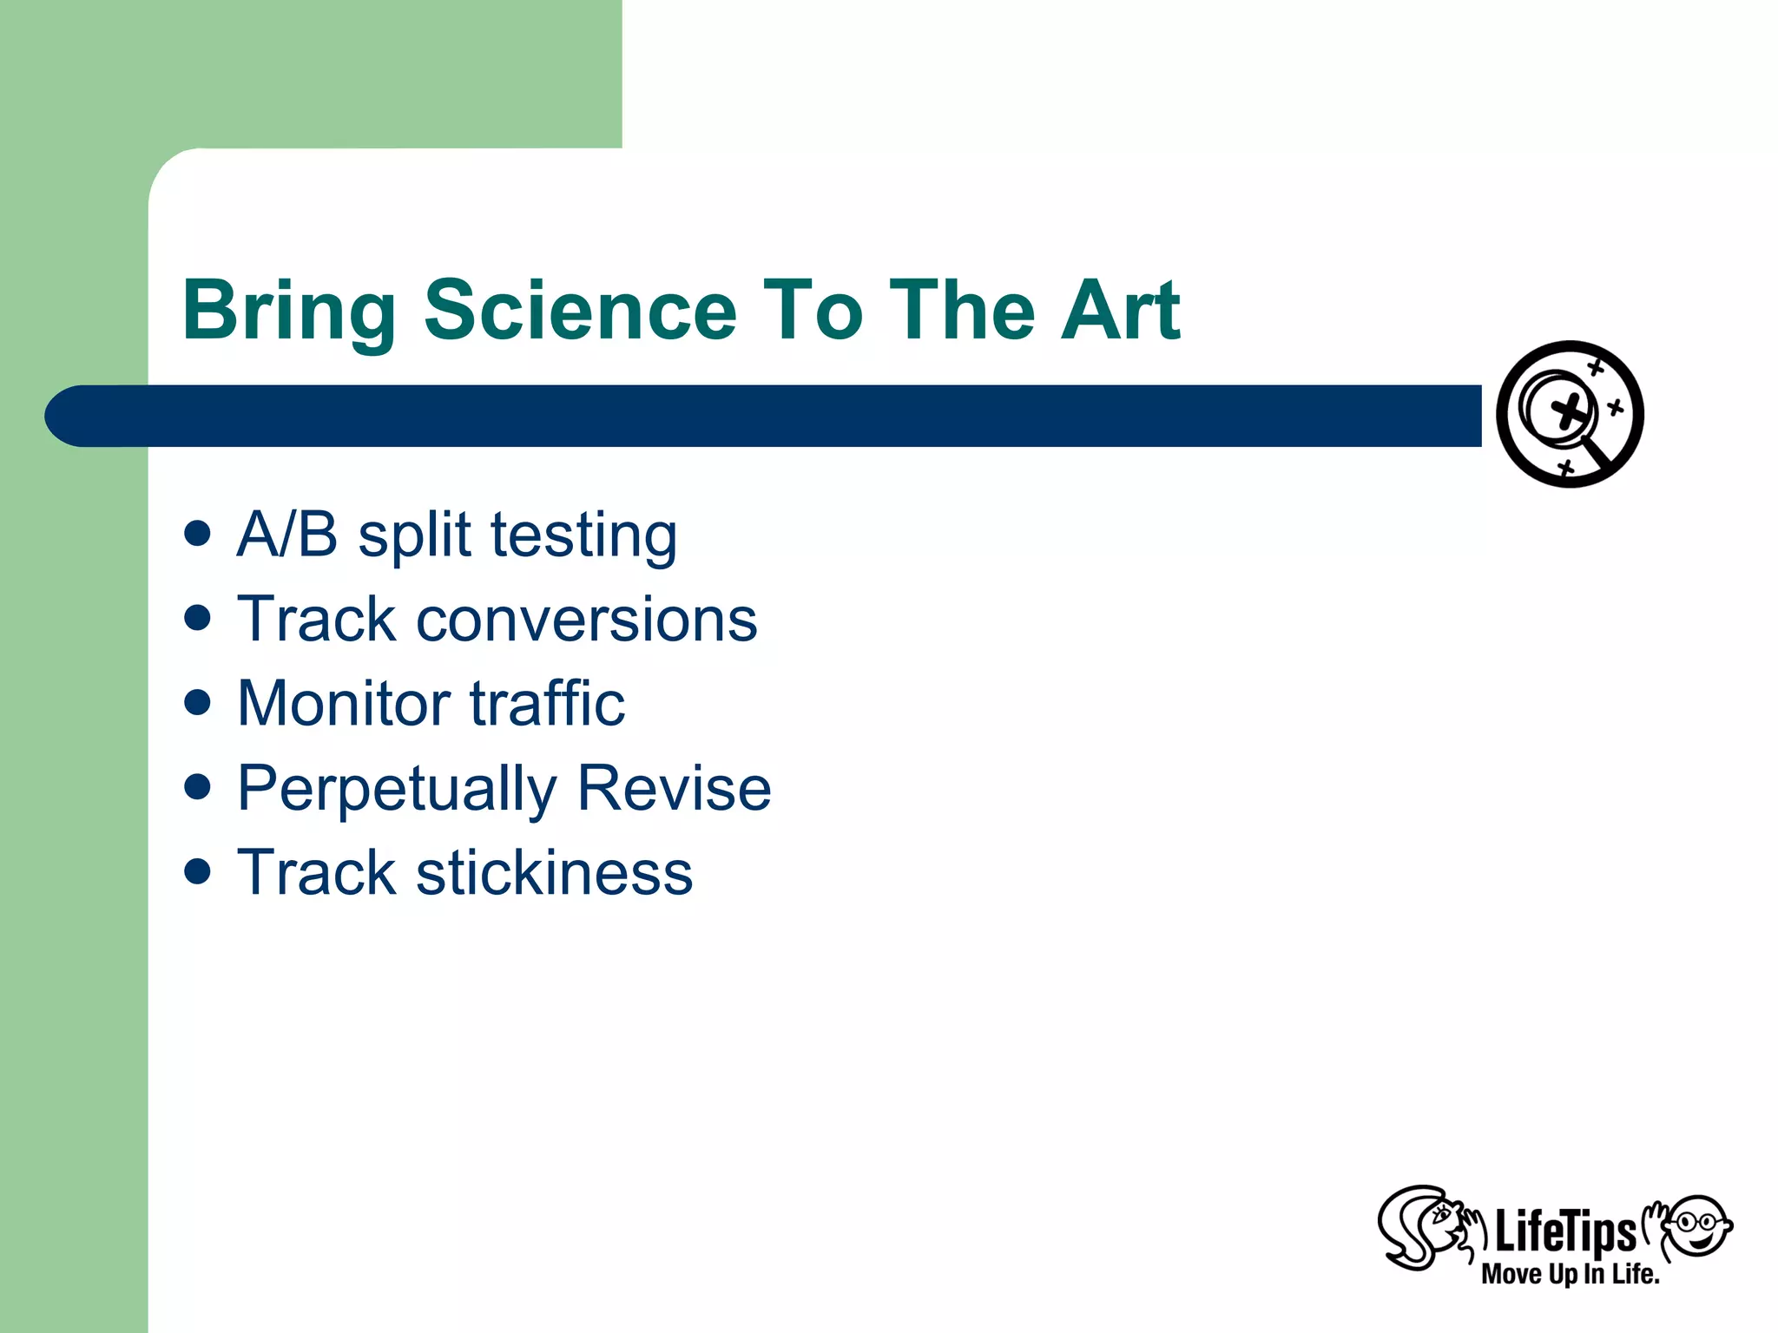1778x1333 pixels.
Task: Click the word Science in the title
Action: [580, 310]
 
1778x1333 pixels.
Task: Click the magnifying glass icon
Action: [1570, 414]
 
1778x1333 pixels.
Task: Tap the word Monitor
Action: [344, 703]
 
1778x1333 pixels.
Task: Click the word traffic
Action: [547, 703]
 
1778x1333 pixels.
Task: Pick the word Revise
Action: [674, 788]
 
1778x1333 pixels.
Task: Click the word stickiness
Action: [554, 872]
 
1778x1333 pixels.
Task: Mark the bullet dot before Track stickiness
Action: [198, 870]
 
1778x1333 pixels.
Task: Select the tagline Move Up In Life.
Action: [1570, 1274]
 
